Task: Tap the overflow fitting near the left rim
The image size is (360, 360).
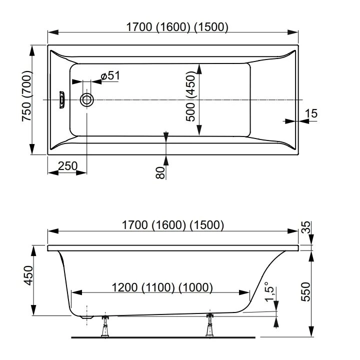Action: click(x=62, y=100)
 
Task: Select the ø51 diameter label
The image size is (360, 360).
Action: click(x=110, y=75)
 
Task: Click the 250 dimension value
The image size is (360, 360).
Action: click(x=67, y=166)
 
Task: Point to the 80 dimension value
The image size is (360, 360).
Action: click(x=160, y=172)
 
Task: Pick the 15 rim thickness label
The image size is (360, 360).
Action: click(x=311, y=113)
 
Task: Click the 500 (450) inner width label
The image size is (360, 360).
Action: click(x=190, y=96)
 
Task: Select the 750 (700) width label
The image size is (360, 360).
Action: click(x=26, y=96)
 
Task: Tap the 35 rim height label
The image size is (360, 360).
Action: click(x=306, y=227)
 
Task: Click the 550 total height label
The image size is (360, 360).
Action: click(x=305, y=292)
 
